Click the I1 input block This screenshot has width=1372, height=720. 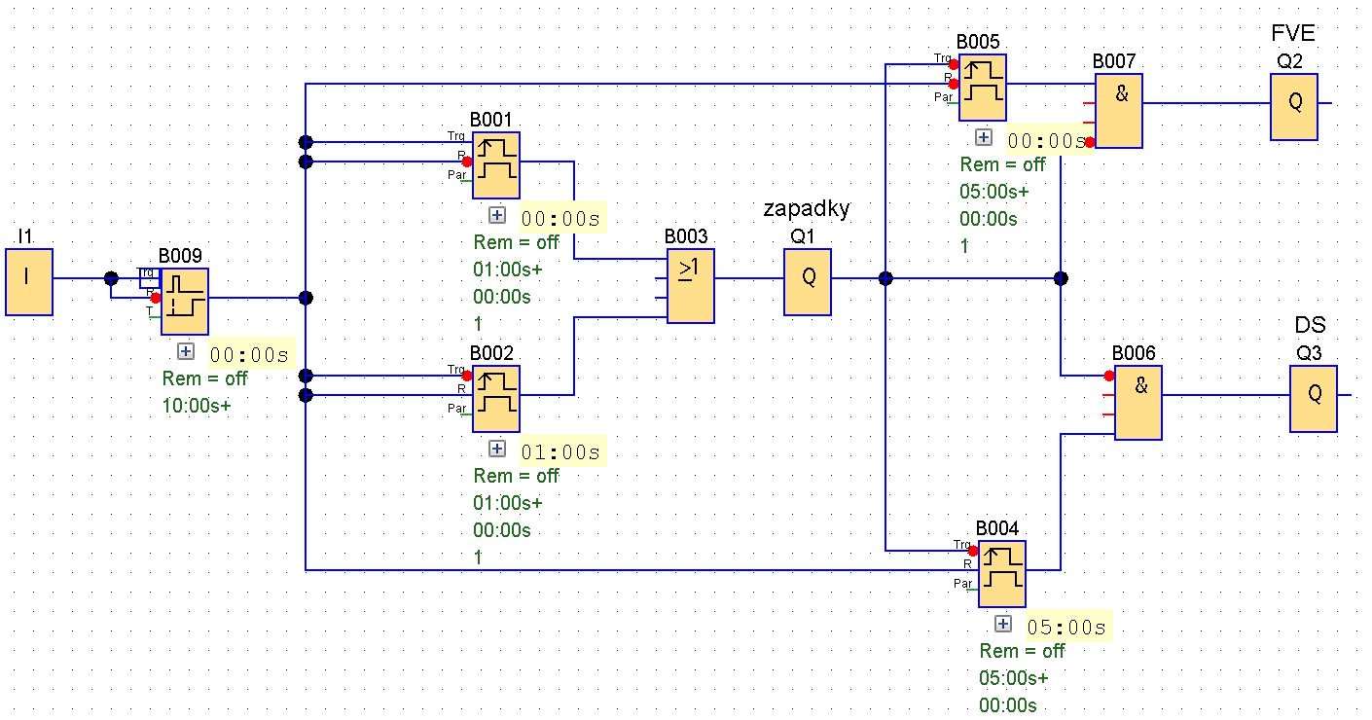click(29, 281)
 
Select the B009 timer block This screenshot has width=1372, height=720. click(184, 302)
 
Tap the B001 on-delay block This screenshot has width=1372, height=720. click(496, 165)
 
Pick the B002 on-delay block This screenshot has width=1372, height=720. click(496, 399)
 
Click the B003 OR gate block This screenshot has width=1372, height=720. click(690, 285)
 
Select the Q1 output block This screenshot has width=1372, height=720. click(808, 281)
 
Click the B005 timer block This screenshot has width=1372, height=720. click(983, 88)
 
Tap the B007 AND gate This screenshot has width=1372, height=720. click(1118, 111)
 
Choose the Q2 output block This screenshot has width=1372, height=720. click(1293, 107)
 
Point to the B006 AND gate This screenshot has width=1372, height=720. click(1138, 402)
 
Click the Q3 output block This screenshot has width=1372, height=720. click(1314, 399)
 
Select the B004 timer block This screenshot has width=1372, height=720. click(1002, 574)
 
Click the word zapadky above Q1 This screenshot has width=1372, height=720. click(807, 209)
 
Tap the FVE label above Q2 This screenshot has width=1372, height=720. click(1293, 33)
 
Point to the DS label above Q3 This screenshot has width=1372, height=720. click(1310, 325)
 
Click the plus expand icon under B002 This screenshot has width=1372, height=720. click(497, 449)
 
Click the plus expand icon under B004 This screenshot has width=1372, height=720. click(1002, 624)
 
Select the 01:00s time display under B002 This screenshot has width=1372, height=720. click(560, 452)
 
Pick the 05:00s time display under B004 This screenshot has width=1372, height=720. click(1066, 628)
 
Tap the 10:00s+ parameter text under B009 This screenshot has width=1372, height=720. click(197, 406)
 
